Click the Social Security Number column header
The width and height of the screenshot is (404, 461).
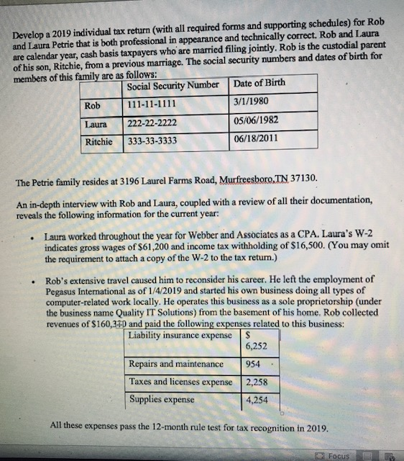(x=173, y=86)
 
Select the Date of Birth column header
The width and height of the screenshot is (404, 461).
(x=260, y=83)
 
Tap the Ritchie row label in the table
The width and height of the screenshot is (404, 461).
(x=98, y=142)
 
